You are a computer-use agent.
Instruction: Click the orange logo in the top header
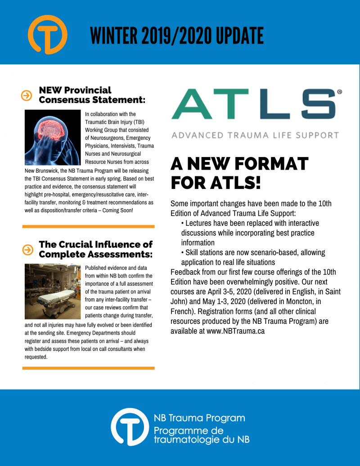(x=47, y=35)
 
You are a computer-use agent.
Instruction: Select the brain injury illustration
(x=52, y=137)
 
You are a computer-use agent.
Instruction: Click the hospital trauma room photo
(x=52, y=292)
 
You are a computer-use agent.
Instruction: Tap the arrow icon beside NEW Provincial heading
(x=27, y=95)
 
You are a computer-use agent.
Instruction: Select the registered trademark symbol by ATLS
(x=339, y=92)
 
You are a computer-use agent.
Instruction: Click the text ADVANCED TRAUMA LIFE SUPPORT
(x=255, y=135)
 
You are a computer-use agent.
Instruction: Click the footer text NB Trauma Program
(x=199, y=418)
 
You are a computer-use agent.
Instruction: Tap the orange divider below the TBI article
(x=88, y=226)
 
